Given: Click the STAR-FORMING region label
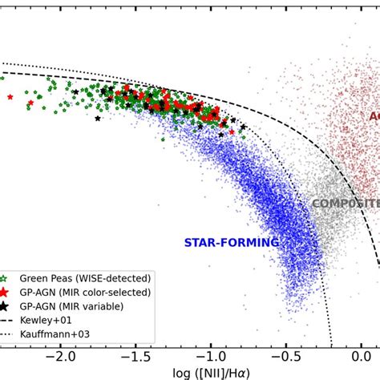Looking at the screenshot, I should [x=232, y=242].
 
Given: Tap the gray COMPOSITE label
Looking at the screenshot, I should [x=345, y=204].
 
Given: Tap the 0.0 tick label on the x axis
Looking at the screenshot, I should [x=358, y=354].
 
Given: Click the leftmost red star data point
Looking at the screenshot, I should [x=10, y=97].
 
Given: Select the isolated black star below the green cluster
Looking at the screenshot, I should [x=98, y=119].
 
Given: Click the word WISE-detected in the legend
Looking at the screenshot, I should [x=112, y=278].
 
